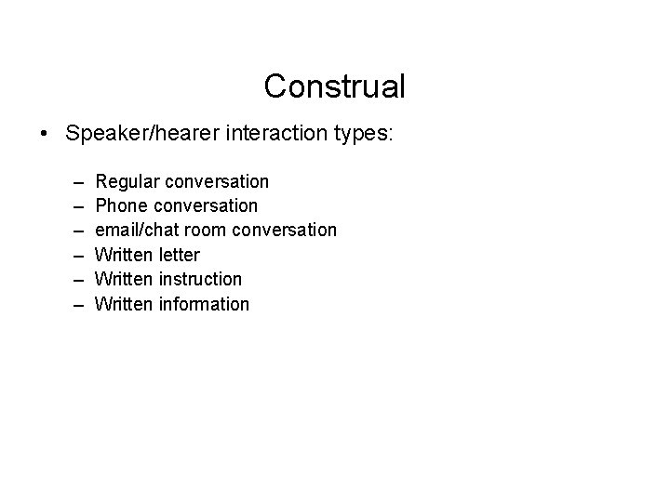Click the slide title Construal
[334, 86]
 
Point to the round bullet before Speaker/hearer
[44, 134]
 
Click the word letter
[181, 255]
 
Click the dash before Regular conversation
[74, 181]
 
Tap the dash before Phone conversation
[74, 205]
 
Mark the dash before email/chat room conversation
[74, 230]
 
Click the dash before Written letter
[74, 255]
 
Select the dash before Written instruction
[74, 279]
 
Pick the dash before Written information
[74, 304]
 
